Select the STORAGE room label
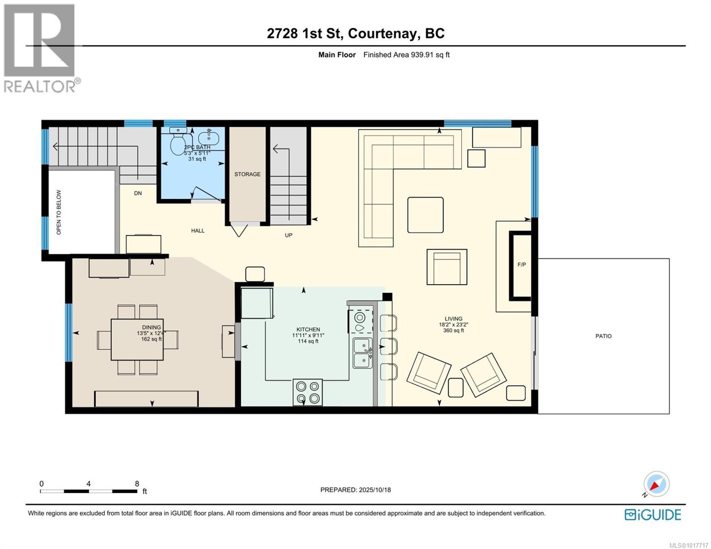(247, 174)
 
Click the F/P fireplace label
(521, 265)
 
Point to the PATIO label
(603, 336)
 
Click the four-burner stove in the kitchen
(307, 393)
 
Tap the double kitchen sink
(362, 353)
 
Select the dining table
(137, 339)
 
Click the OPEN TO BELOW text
(59, 213)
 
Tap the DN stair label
(138, 193)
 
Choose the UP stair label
(289, 235)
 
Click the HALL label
(198, 231)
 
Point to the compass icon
(656, 484)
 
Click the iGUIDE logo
(653, 515)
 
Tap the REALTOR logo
(40, 48)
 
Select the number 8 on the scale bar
(137, 484)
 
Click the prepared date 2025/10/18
(374, 490)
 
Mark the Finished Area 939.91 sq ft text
(406, 55)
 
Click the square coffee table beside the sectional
(425, 215)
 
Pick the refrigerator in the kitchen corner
(257, 302)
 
